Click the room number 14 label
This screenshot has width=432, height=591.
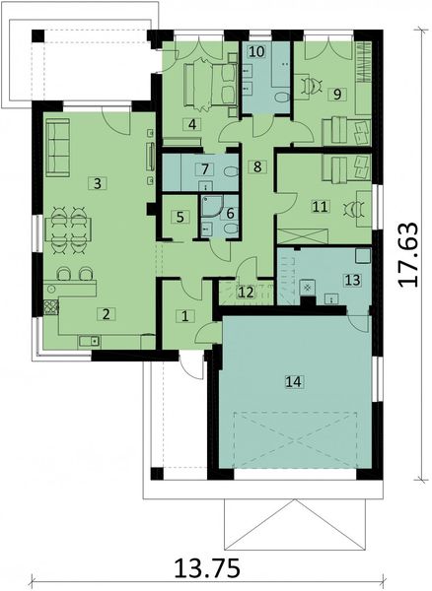click(294, 379)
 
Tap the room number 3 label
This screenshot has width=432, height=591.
click(96, 182)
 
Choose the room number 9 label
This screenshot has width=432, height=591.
click(337, 94)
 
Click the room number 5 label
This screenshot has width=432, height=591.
click(180, 217)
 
